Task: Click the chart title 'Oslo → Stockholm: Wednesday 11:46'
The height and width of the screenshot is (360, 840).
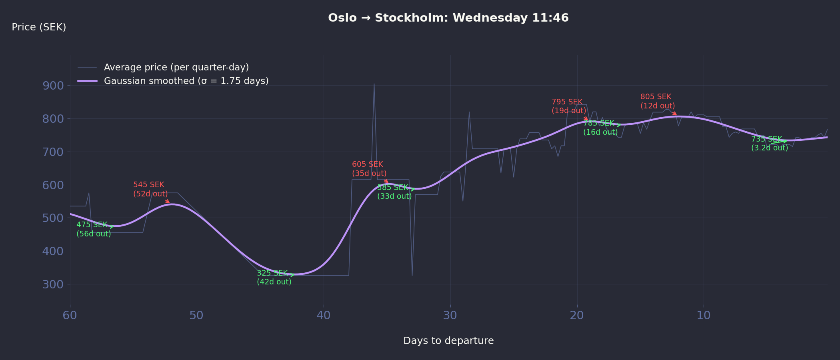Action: coord(448,18)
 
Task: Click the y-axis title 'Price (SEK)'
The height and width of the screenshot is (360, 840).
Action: coord(39,27)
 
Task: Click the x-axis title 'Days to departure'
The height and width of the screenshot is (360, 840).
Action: coord(448,341)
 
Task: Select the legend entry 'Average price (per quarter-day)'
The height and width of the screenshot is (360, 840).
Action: coord(176,67)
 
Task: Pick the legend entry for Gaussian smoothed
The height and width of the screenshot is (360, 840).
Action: coord(186,81)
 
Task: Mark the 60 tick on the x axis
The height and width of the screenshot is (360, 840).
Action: coord(70,315)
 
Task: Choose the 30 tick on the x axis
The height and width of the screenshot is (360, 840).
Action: coord(450,315)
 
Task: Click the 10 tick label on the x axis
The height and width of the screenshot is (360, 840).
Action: coord(704,315)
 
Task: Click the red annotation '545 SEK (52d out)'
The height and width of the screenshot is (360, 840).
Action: coord(150,189)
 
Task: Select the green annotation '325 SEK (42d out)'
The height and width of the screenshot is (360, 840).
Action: coord(274,278)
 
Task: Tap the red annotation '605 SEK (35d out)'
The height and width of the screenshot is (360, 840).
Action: coord(369,169)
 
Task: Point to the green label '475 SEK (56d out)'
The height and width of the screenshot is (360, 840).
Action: coord(94,229)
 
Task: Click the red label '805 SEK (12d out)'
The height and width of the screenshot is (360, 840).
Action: coord(658,101)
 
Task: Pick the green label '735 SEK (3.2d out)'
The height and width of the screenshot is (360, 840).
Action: coord(770,144)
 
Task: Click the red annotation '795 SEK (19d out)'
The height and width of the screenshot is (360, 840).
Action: coord(569,106)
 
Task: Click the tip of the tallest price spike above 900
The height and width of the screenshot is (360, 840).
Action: coord(374,84)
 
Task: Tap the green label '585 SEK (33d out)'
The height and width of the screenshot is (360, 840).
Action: coord(394,192)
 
